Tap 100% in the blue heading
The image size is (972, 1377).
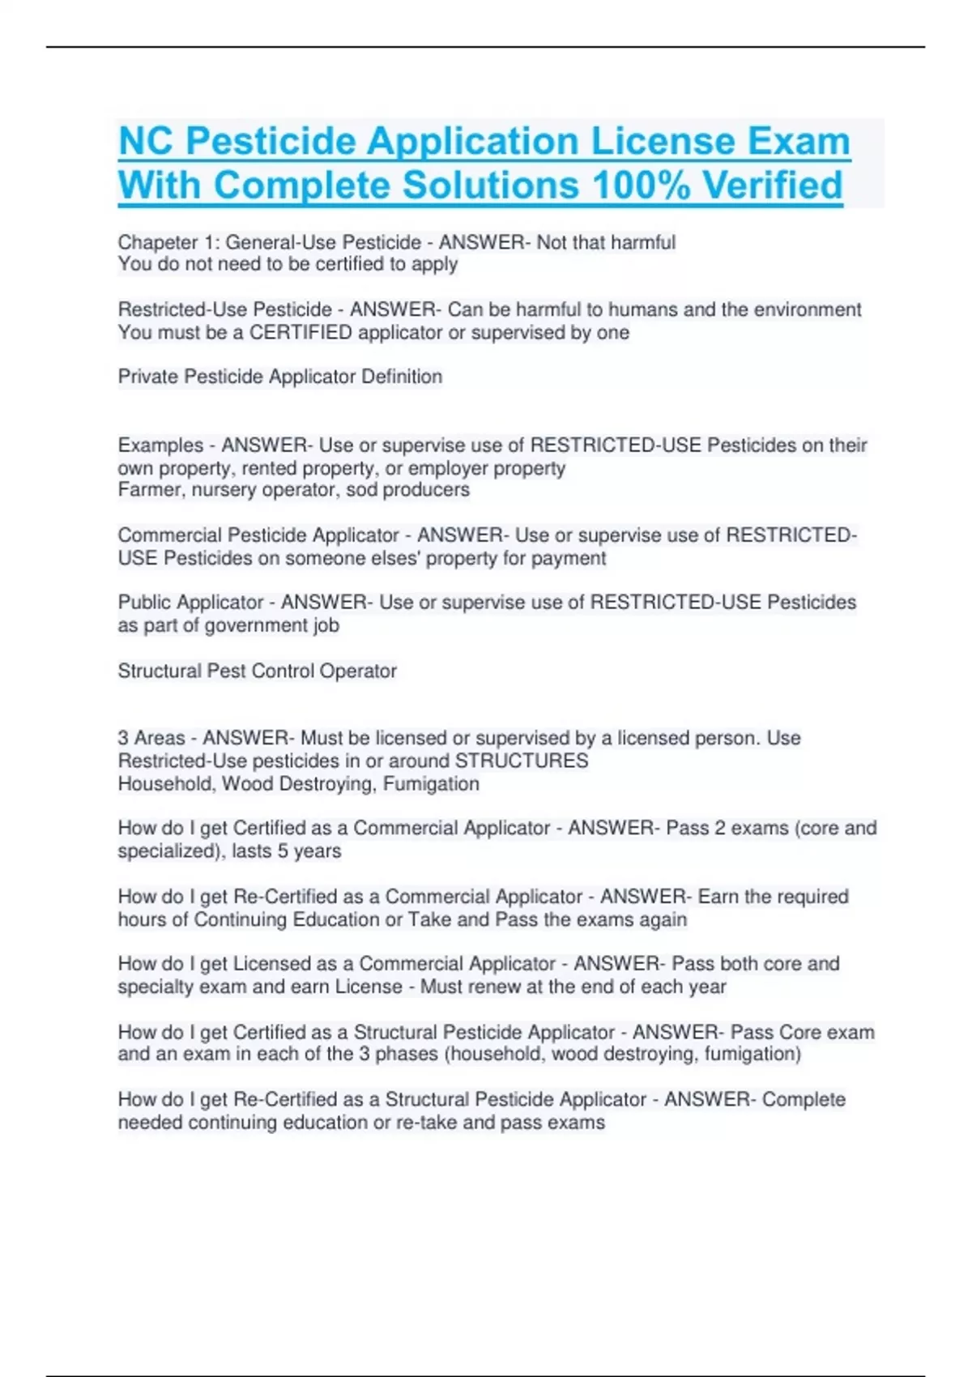click(x=641, y=185)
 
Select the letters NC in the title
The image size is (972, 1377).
click(x=147, y=142)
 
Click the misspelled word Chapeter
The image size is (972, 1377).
click(x=158, y=242)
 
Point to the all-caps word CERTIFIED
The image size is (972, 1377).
click(x=301, y=332)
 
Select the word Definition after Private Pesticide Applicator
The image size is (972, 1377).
click(x=402, y=377)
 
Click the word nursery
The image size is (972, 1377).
click(x=224, y=490)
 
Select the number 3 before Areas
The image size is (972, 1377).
click(x=123, y=738)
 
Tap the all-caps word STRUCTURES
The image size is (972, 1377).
click(x=522, y=761)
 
